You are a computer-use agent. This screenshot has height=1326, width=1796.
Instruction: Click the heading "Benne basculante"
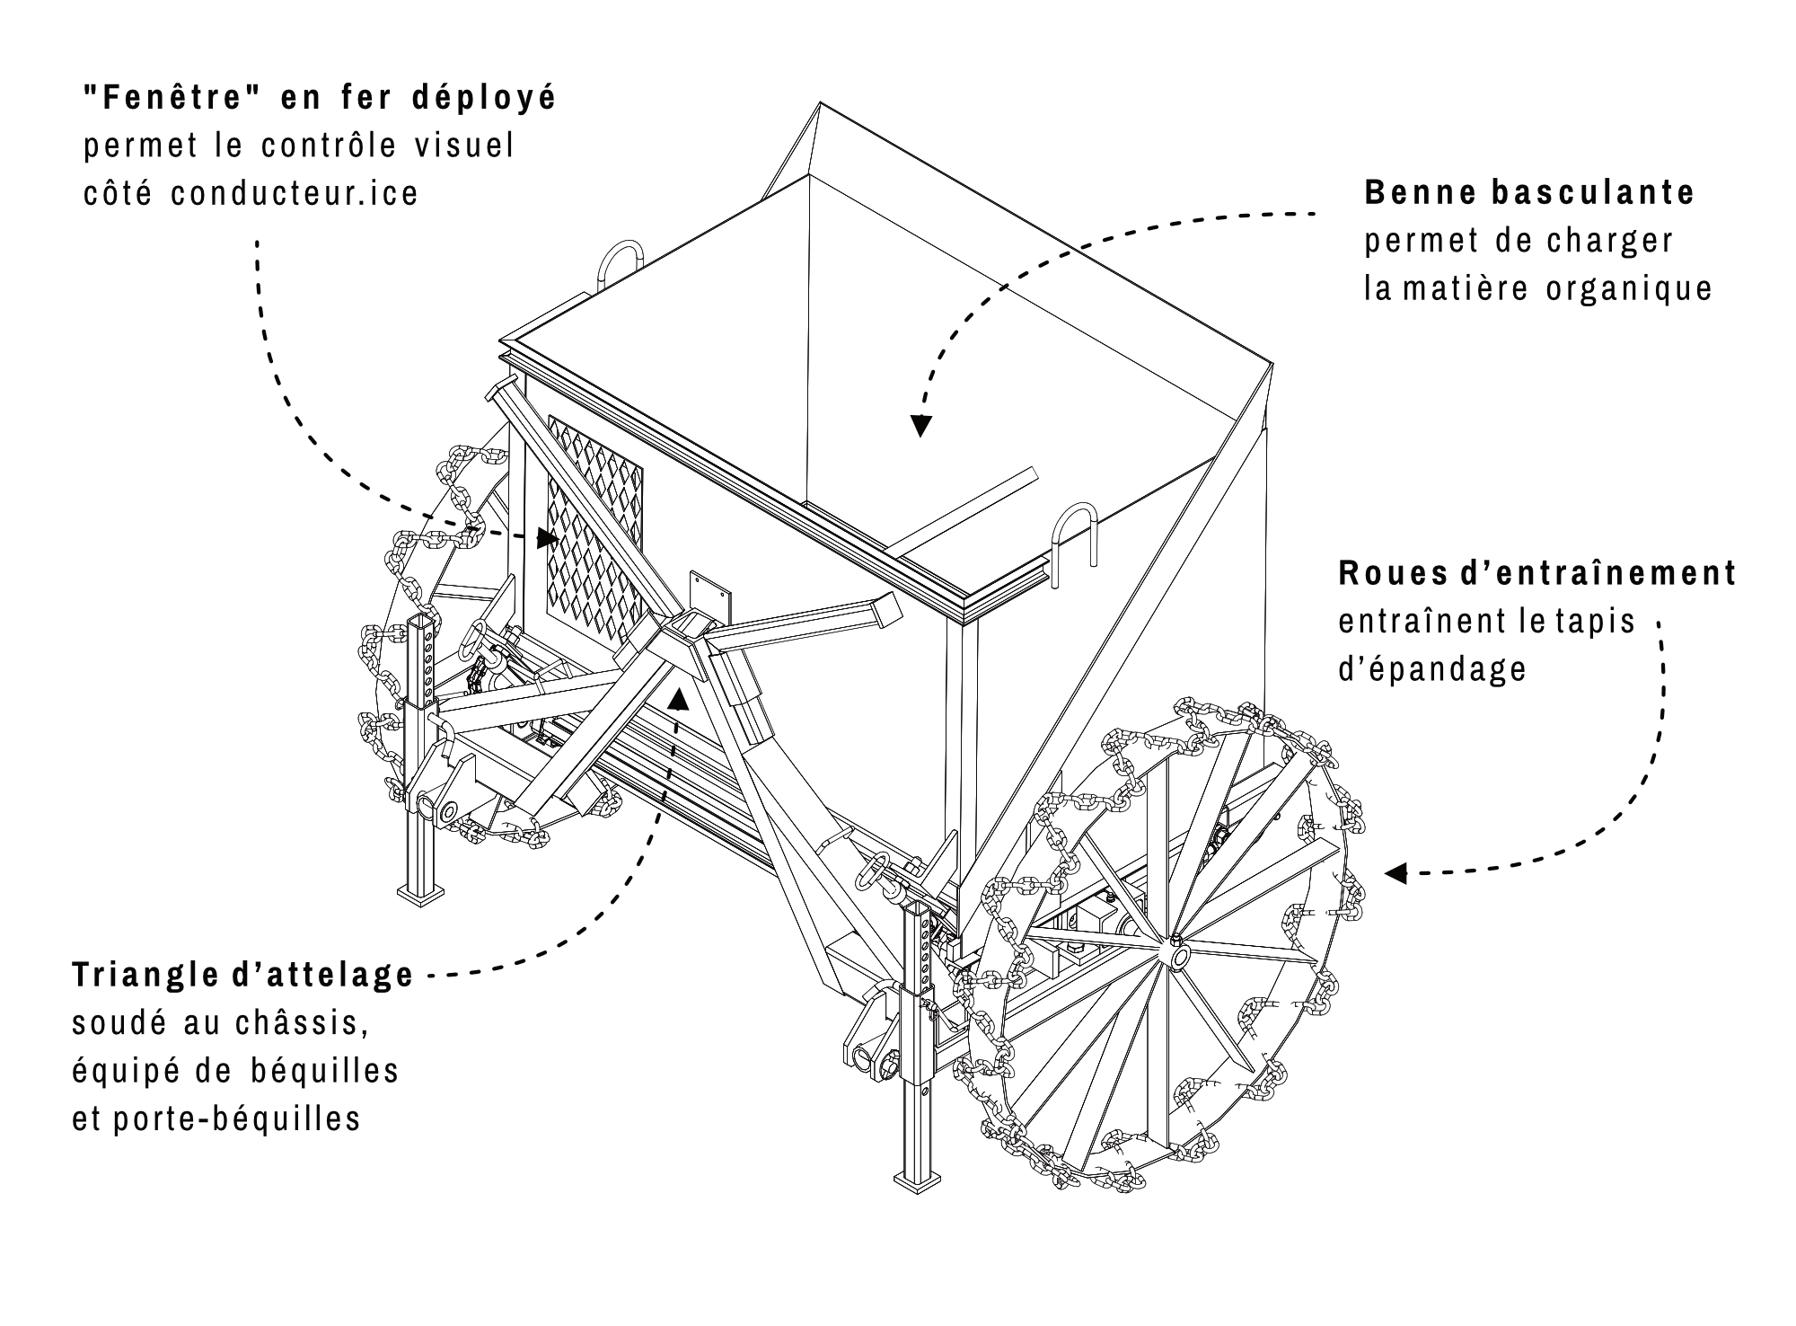(1528, 193)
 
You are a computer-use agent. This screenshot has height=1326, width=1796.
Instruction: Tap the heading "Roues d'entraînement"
(1536, 573)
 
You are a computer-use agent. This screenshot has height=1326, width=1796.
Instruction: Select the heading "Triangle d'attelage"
(243, 976)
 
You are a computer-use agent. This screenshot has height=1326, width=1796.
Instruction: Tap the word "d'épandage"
(1432, 669)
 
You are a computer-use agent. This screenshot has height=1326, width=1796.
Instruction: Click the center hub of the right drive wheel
(1177, 953)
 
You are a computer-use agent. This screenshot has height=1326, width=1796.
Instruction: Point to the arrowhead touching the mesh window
(546, 538)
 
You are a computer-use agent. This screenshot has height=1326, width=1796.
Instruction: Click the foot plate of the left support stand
(421, 891)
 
